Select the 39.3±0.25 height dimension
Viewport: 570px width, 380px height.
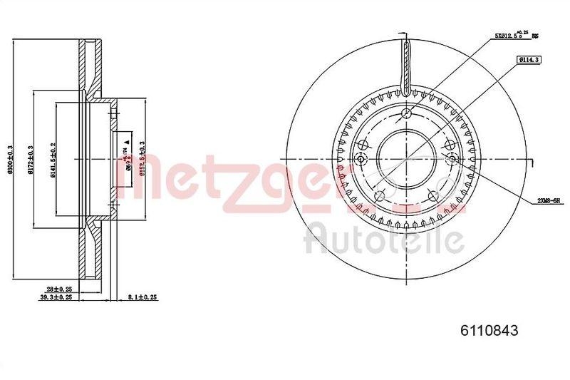point(58,298)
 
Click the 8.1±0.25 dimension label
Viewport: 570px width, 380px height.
point(142,298)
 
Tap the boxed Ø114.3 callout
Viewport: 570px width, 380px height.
point(529,60)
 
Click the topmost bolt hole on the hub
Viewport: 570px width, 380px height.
point(405,114)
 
